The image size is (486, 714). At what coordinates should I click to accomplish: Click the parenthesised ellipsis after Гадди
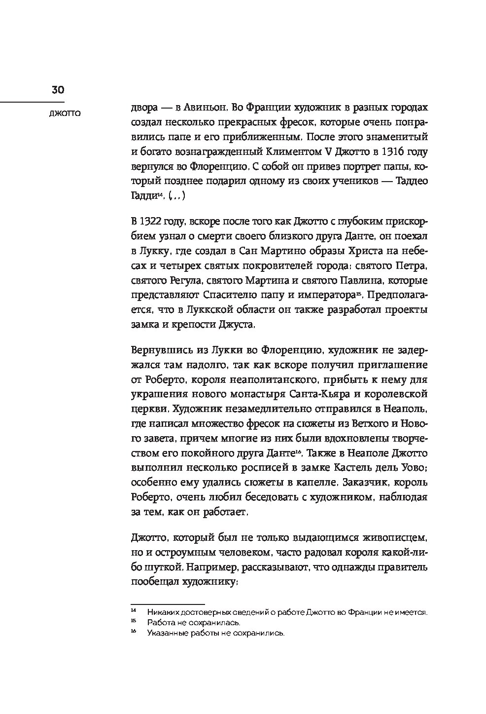[x=177, y=196]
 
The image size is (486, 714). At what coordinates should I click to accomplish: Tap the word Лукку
[x=158, y=251]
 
